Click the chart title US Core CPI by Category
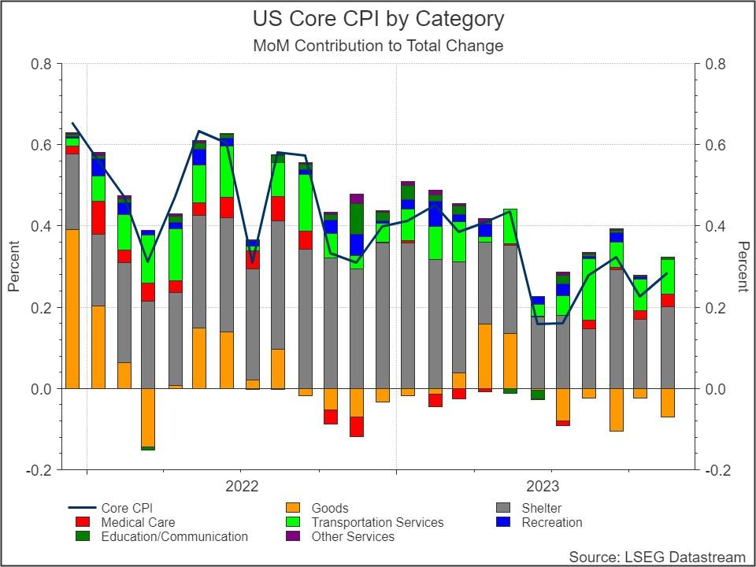coord(378,19)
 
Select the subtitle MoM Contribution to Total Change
coord(378,46)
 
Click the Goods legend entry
coord(329,508)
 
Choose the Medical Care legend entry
coord(138,522)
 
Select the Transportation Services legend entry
coord(377,522)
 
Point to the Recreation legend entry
coord(551,522)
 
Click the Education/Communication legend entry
coord(174,536)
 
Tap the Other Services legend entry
coord(353,536)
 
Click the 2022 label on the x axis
coord(242,485)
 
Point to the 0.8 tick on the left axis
coord(42,64)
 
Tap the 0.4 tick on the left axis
coord(42,226)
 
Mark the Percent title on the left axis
coord(13,266)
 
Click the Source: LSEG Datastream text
coord(657,557)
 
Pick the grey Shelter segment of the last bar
coord(667,347)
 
